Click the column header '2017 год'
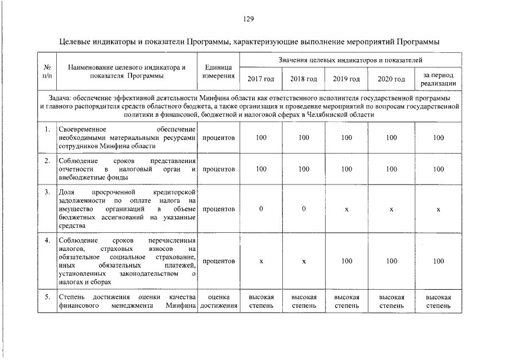pyautogui.click(x=261, y=79)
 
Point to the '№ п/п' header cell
pyautogui.click(x=47, y=71)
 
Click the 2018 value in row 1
pyautogui.click(x=304, y=138)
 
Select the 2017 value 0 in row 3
pyautogui.click(x=261, y=209)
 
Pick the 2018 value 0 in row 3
pyautogui.click(x=304, y=209)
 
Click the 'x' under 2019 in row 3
pyautogui.click(x=346, y=209)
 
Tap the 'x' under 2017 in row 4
pyautogui.click(x=261, y=262)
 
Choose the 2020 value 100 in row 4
pyautogui.click(x=391, y=262)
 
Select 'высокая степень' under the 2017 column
pyautogui.click(x=261, y=301)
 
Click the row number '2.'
pyautogui.click(x=47, y=161)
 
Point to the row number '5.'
pyautogui.click(x=47, y=297)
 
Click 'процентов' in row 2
pyautogui.click(x=218, y=169)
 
